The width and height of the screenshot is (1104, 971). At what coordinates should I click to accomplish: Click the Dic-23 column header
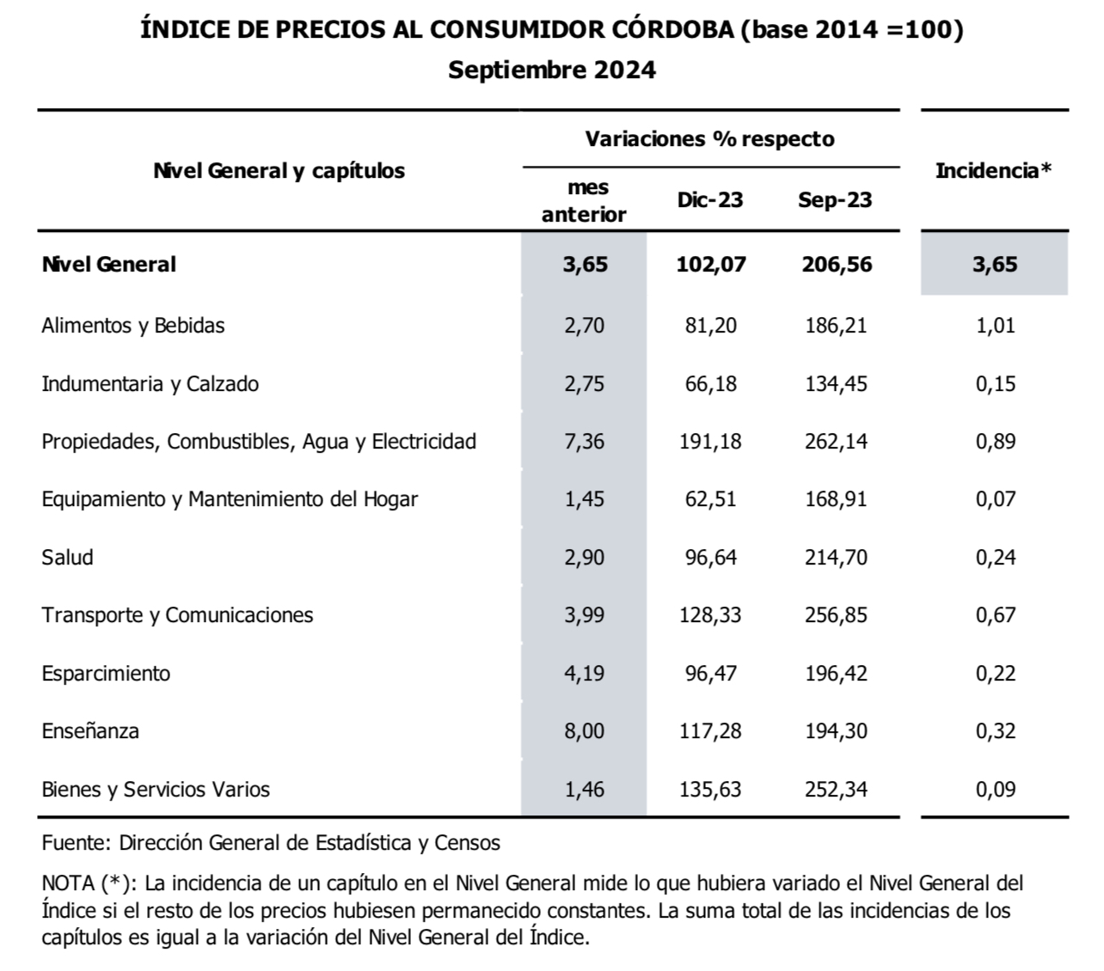[710, 200]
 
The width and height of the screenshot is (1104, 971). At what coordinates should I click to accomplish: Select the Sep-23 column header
[835, 200]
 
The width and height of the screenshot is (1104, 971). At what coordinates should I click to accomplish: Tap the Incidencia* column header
[993, 170]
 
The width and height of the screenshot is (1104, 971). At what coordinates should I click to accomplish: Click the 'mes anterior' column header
[584, 201]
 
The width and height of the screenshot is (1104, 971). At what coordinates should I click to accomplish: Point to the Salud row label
[67, 558]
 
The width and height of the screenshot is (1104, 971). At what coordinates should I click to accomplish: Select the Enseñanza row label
[90, 731]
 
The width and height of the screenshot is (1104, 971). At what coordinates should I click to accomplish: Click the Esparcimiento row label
[106, 674]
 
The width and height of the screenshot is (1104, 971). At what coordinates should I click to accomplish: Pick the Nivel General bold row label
[108, 264]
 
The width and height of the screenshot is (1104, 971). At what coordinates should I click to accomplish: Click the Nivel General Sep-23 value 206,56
[837, 264]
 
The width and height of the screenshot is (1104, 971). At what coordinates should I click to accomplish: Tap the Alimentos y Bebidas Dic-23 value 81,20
[711, 326]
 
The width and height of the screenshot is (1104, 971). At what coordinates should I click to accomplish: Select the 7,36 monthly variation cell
[585, 442]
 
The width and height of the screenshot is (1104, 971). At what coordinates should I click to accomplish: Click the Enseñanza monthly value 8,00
[585, 731]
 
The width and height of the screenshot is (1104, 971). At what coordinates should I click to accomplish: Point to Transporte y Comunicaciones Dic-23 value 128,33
[710, 615]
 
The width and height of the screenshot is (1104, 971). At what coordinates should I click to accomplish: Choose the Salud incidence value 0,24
[996, 558]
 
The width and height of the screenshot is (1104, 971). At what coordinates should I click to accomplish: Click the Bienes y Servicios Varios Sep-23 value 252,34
[837, 789]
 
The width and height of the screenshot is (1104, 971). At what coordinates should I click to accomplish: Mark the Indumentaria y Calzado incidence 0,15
[996, 384]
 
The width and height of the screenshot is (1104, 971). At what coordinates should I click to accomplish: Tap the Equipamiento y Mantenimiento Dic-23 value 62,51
[711, 499]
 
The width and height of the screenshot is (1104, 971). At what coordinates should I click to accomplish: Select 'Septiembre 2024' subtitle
[552, 70]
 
